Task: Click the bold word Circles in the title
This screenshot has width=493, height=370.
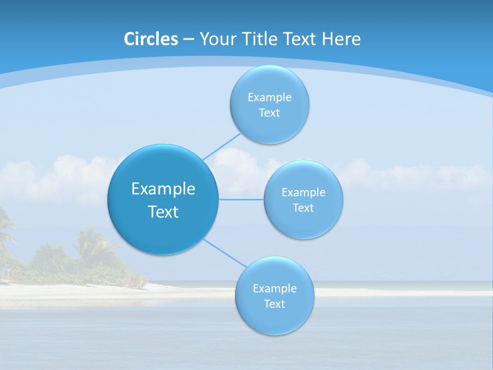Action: (x=150, y=39)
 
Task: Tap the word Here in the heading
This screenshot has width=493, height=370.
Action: (x=342, y=39)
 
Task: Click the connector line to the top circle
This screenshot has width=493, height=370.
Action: (x=222, y=146)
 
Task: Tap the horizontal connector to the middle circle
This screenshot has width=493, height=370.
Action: (x=241, y=199)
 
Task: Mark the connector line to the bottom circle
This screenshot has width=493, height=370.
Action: (x=225, y=253)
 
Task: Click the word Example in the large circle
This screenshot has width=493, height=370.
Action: (x=163, y=189)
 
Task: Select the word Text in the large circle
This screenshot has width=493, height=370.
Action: (x=163, y=212)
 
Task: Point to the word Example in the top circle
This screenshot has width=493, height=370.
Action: (x=270, y=97)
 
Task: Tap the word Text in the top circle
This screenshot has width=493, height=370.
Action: (x=269, y=113)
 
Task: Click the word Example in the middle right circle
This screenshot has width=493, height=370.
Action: (x=304, y=192)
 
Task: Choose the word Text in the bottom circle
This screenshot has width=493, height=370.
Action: (x=274, y=304)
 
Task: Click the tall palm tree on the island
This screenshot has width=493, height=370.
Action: (x=90, y=242)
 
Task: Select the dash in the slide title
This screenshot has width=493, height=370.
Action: (x=188, y=39)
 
